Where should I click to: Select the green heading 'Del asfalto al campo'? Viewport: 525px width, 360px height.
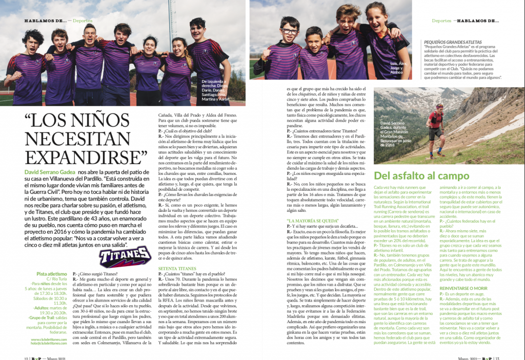(x=421, y=176)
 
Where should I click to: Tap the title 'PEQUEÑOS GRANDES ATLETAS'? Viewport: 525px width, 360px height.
(x=453, y=41)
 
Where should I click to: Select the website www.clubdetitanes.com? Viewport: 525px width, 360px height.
(x=49, y=339)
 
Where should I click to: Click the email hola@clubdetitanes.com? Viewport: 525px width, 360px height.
(x=49, y=344)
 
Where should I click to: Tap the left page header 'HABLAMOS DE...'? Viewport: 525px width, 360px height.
(x=45, y=21)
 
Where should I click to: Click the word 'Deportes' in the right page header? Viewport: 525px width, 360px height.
(x=441, y=21)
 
